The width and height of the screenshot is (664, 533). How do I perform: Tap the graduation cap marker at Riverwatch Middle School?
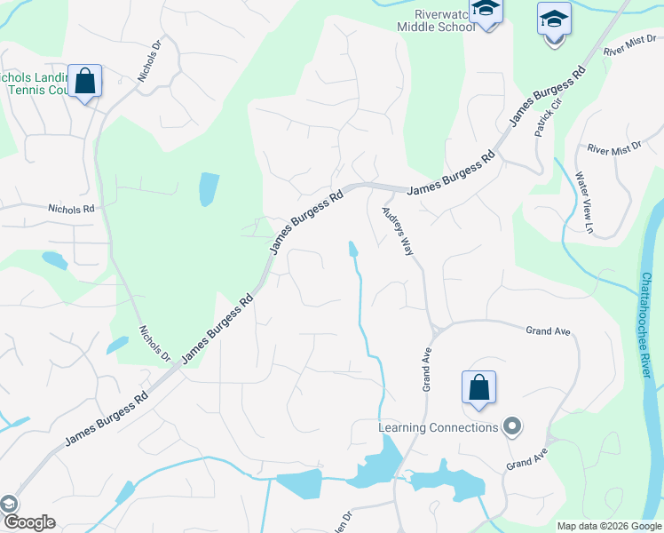(x=486, y=10)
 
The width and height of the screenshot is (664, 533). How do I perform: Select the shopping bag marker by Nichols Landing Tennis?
(x=86, y=81)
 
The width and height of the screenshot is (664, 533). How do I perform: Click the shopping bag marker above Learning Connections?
(x=478, y=388)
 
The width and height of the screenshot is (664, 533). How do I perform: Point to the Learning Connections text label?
(x=439, y=427)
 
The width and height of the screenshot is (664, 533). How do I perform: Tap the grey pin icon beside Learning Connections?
(x=511, y=427)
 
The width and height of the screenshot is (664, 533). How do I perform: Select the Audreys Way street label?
(x=398, y=232)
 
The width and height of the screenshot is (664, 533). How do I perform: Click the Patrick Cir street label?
(x=549, y=116)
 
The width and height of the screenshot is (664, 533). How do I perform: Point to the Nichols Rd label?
(x=72, y=208)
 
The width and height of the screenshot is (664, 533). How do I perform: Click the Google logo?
(x=28, y=522)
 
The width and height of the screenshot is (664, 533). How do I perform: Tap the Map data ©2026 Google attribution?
(x=609, y=526)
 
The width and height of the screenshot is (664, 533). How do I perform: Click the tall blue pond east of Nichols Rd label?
(x=208, y=189)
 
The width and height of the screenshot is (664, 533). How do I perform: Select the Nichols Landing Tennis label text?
(x=36, y=84)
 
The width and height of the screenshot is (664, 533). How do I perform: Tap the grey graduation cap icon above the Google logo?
(x=9, y=504)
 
